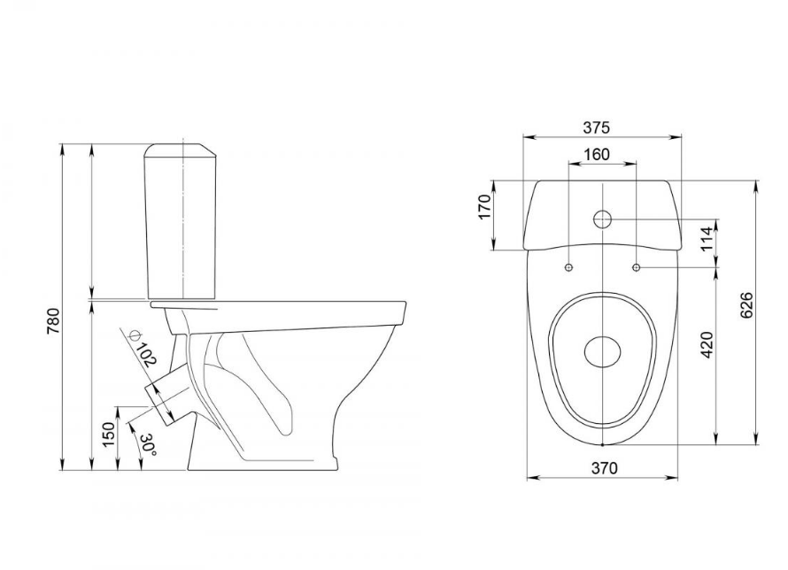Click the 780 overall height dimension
tap(53, 321)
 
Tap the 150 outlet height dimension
tap(109, 435)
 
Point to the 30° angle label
tap(149, 445)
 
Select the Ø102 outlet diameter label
tap(143, 347)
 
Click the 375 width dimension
tap(596, 127)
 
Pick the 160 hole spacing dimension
tap(597, 154)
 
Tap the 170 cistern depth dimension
tap(484, 206)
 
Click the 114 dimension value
tap(707, 239)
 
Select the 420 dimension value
tap(707, 344)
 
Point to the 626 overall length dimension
tap(746, 304)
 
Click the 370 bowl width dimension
tap(604, 468)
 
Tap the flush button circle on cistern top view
tap(602, 219)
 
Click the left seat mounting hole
tap(569, 267)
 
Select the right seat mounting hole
tap(637, 267)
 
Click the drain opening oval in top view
tap(603, 350)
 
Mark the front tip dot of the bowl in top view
tap(602, 445)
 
